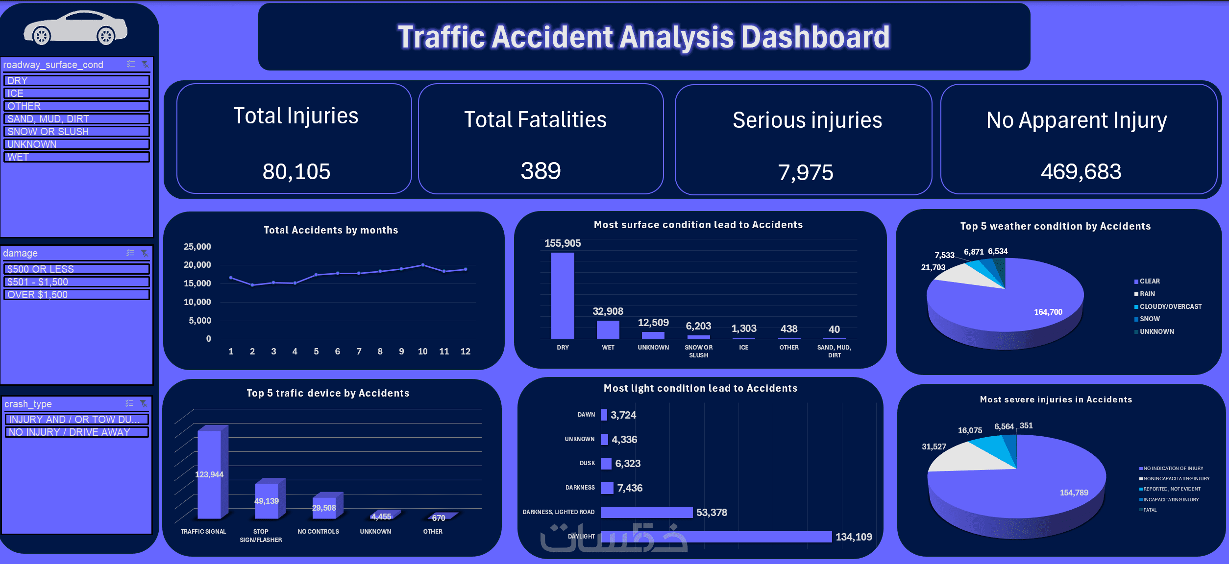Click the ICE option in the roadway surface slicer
76,94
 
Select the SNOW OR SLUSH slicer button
76,132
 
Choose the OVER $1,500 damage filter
76,295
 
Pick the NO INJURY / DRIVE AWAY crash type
76,432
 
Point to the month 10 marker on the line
423,265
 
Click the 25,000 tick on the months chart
197,247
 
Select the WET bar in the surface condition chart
608,329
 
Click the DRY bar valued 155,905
563,295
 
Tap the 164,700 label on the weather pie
1048,312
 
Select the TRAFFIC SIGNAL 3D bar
210,474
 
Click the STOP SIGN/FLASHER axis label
261,536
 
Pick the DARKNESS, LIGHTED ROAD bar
646,512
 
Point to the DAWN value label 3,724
623,415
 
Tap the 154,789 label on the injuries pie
1074,493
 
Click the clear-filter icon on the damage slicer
145,253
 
